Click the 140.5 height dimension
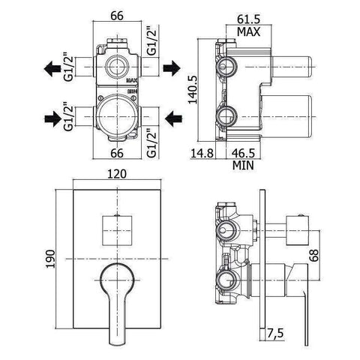coord(193,90)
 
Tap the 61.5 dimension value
coord(249,19)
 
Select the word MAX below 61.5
coord(248,31)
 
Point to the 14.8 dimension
coord(202,153)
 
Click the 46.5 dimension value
coord(243,153)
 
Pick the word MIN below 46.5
coord(243,165)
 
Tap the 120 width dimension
coord(117,174)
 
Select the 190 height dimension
coord(51,259)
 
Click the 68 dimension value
coord(314,255)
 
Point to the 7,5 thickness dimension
coord(275,333)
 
